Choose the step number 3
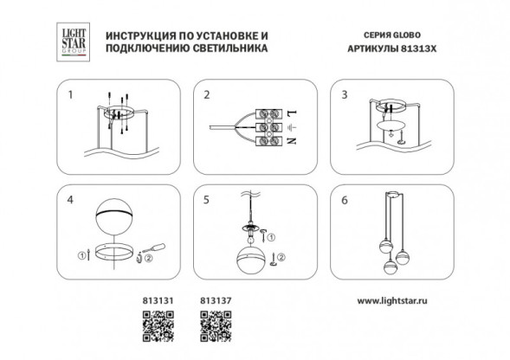[344, 94]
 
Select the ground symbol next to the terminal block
[294, 127]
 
